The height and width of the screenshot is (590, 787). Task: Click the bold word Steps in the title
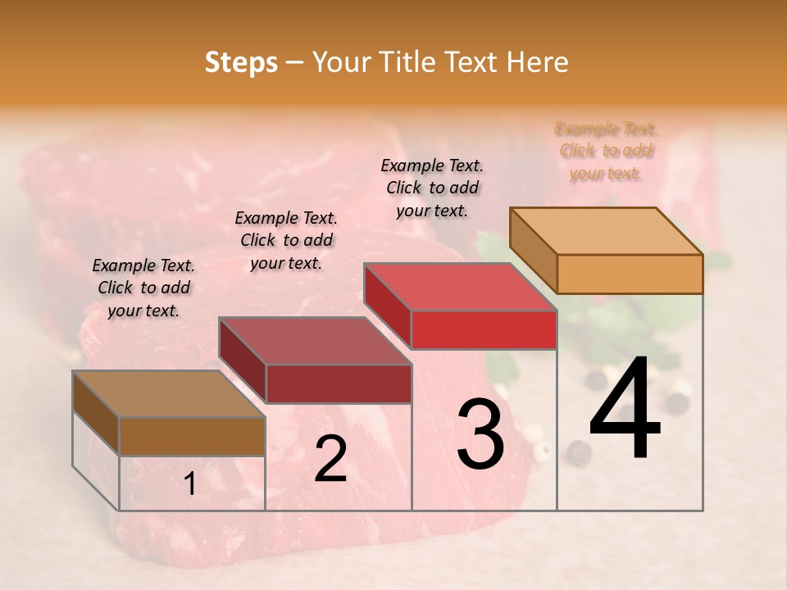point(241,62)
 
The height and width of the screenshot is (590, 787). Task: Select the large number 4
point(625,410)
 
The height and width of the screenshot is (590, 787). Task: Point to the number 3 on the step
point(480,434)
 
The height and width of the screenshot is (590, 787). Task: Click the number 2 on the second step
point(330,459)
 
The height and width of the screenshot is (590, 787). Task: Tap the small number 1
point(190,484)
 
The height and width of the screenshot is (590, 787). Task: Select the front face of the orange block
point(630,274)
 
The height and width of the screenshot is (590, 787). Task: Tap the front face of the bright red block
point(484,329)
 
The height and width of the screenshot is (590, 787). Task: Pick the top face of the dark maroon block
point(316,341)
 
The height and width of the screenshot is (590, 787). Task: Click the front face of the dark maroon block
point(339,383)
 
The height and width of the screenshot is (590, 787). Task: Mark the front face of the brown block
point(192,436)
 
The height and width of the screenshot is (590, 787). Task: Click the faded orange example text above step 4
point(606,151)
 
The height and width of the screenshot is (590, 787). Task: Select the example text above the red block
point(432,188)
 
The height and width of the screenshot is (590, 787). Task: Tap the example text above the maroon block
point(286,240)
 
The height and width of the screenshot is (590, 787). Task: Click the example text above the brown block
point(143,288)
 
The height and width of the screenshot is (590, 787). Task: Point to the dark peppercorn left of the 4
point(580,452)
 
